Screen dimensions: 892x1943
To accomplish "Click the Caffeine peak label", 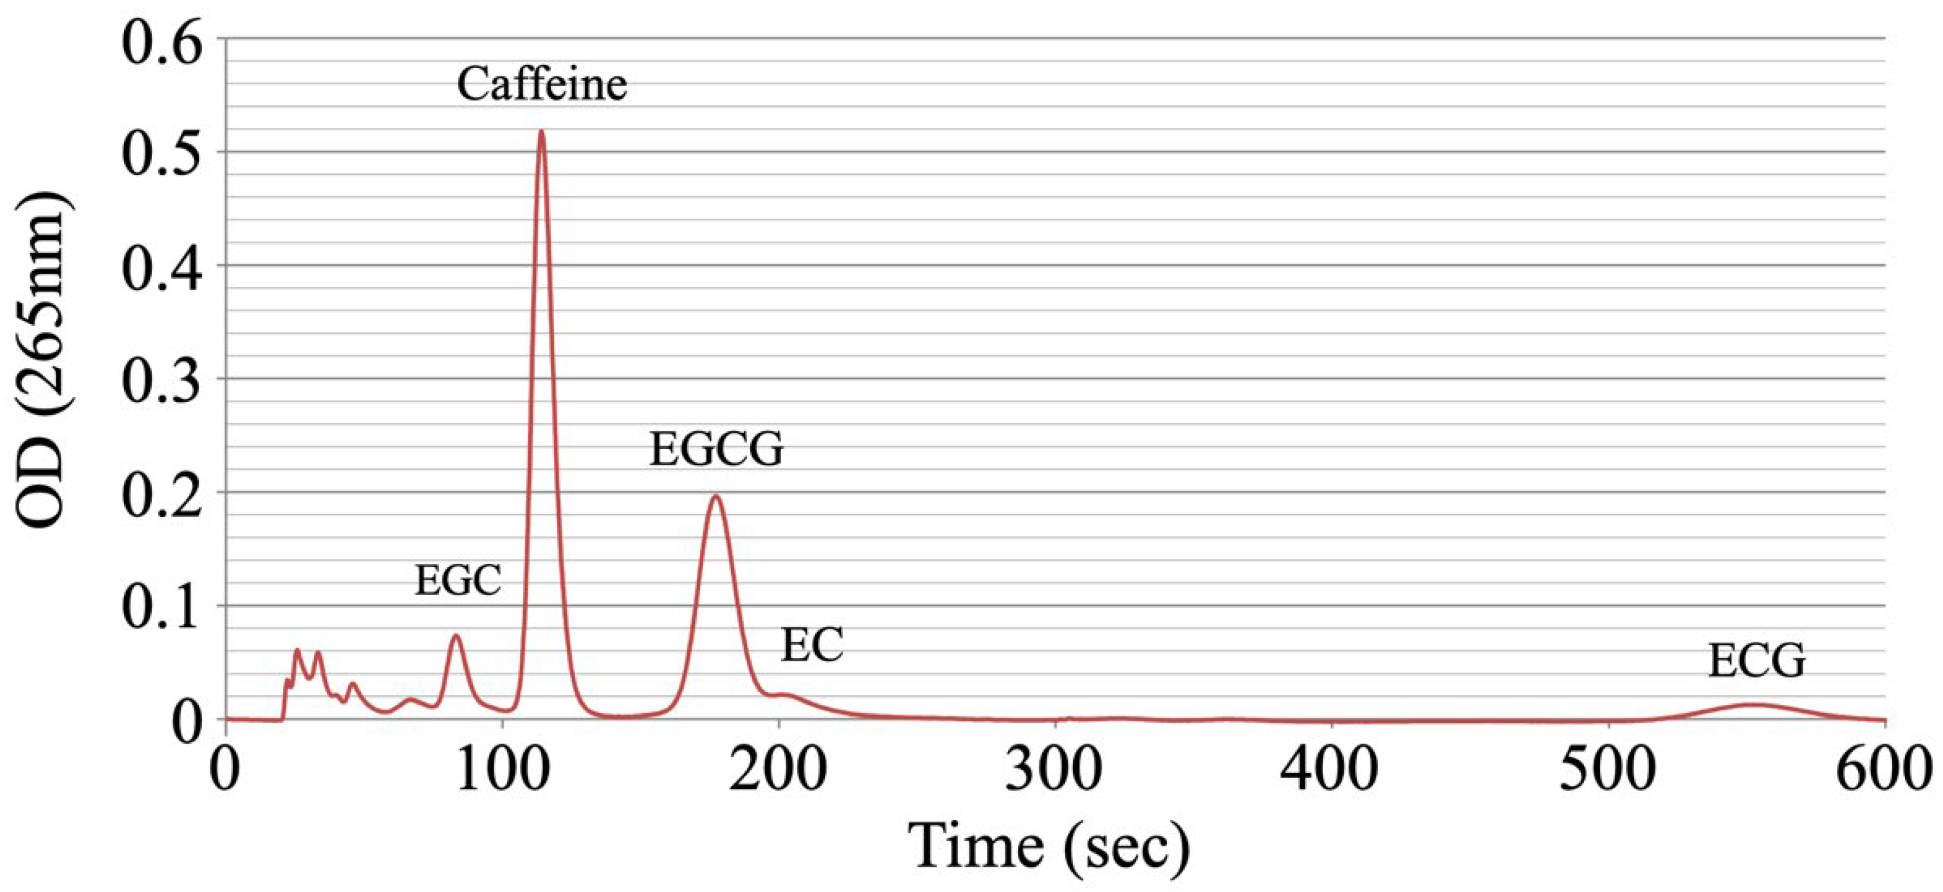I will [542, 84].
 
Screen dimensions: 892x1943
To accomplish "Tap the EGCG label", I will [716, 450].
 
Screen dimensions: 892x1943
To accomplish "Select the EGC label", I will [458, 581].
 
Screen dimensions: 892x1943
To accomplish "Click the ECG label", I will [1756, 662].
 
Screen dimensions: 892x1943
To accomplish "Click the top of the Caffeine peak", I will [541, 131].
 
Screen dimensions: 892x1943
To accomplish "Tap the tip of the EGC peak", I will [456, 635].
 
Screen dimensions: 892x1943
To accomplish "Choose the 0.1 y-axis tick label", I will [163, 607].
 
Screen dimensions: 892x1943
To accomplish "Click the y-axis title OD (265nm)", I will [44, 360].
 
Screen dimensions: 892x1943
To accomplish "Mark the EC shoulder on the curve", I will [784, 695].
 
